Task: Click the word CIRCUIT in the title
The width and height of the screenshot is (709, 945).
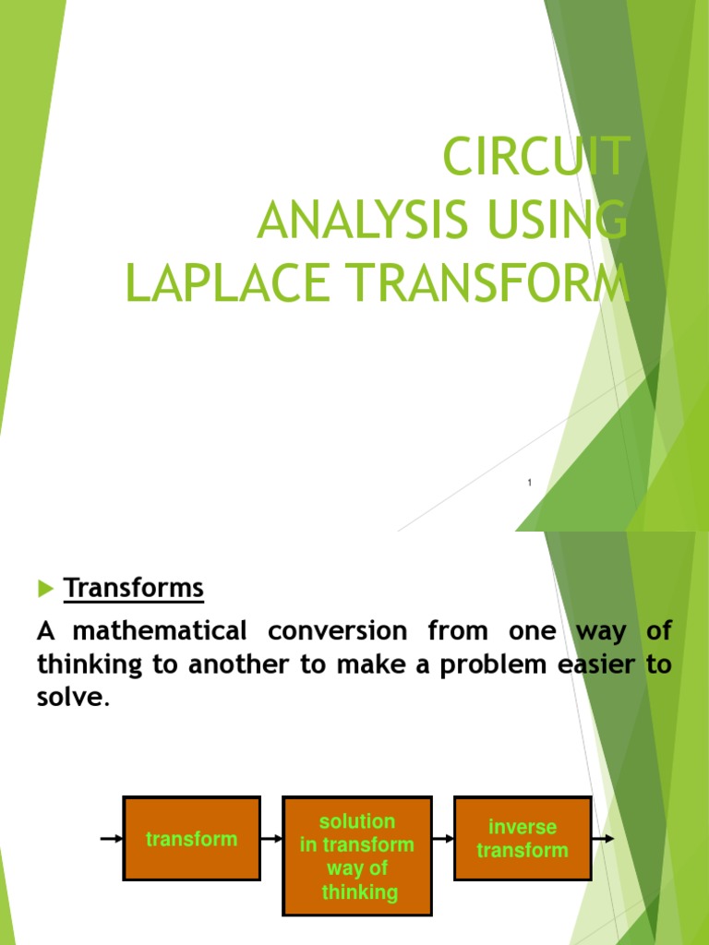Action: click(x=536, y=156)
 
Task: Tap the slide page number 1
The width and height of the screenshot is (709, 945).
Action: click(x=530, y=484)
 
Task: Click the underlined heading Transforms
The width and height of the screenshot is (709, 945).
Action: click(x=133, y=588)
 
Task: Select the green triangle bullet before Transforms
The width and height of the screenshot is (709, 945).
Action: click(x=46, y=588)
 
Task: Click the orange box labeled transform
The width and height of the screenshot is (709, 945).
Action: click(x=192, y=839)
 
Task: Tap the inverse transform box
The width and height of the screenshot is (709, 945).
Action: click(x=523, y=839)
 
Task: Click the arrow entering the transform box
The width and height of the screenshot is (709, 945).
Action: click(x=111, y=839)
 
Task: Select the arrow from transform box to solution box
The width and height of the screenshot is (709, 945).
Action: click(x=271, y=839)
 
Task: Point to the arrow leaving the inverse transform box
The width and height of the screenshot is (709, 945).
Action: click(x=603, y=839)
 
